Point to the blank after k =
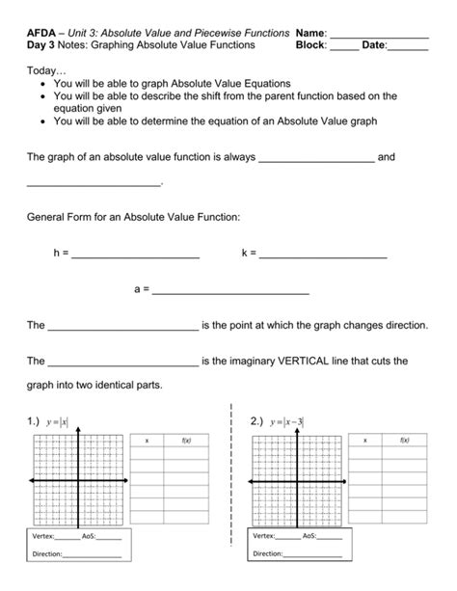(323, 255)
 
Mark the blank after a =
(231, 290)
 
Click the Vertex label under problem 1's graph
(42, 535)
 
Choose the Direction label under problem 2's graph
(269, 553)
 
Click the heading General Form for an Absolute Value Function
(133, 217)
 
